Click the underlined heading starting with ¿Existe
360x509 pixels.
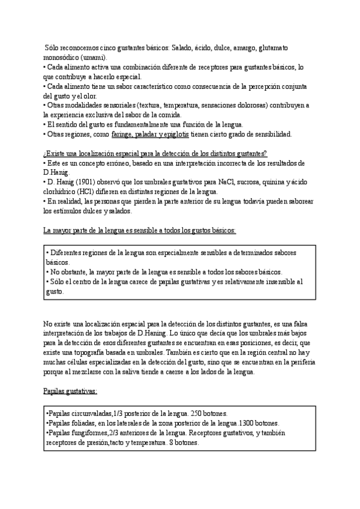coord(155,154)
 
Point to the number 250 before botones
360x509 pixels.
coord(196,414)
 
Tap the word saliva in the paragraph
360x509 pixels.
coord(157,372)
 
